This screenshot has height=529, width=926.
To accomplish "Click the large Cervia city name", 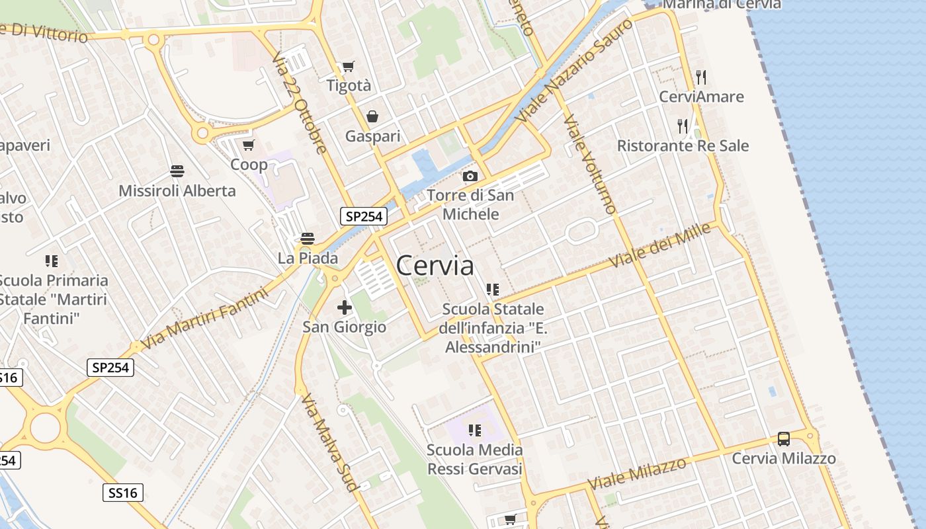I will tap(435, 266).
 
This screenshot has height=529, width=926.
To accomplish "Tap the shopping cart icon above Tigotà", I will tap(348, 66).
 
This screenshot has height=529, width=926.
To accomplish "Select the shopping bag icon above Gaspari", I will tap(372, 116).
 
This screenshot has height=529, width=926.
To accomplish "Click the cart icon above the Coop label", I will tap(248, 145).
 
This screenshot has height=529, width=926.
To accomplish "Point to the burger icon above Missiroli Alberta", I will tap(177, 171).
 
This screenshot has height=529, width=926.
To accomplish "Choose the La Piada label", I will tap(308, 258).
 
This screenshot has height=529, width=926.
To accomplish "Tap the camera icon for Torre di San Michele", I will tap(470, 176).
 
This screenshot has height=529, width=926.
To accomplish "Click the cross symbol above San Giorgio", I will tap(344, 307).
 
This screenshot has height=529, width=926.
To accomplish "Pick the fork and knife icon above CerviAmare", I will tap(701, 77).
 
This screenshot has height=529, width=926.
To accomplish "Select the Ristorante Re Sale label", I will tap(683, 145).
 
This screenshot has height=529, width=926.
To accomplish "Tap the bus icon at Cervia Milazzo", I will tap(784, 438).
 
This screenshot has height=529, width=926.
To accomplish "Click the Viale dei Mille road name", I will tap(659, 245).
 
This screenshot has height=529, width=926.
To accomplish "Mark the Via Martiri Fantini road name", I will tap(205, 319).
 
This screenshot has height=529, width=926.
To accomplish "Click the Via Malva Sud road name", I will tap(329, 442).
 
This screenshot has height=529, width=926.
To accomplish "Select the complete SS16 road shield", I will tap(123, 493).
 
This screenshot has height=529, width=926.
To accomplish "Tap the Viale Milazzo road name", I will tap(637, 473).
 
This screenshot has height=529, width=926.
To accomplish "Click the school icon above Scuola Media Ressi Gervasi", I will tap(474, 430).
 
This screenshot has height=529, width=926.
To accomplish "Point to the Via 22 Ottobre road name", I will tap(299, 102).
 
